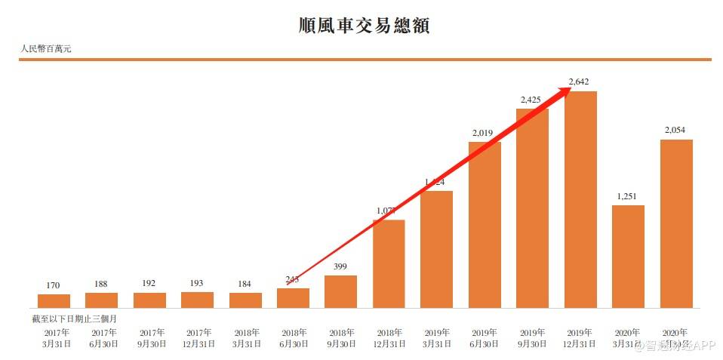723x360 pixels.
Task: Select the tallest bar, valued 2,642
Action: click(x=580, y=199)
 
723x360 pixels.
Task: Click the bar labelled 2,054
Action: click(x=676, y=223)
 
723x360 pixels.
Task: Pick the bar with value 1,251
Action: click(x=628, y=256)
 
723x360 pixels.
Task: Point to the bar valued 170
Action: click(x=54, y=300)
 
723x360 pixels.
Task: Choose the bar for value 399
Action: click(x=341, y=291)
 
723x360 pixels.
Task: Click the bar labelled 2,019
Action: click(x=485, y=224)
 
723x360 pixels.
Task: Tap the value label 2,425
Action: click(x=532, y=100)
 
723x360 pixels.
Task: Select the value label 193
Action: click(x=197, y=283)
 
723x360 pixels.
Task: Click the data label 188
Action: click(x=101, y=284)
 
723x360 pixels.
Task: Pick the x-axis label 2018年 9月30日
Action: click(x=341, y=337)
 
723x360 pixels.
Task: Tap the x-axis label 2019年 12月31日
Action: click(x=580, y=337)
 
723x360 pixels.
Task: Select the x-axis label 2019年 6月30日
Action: click(x=485, y=337)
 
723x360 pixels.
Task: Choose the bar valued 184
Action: click(x=245, y=300)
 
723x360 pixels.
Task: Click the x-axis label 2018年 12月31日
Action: click(x=389, y=337)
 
